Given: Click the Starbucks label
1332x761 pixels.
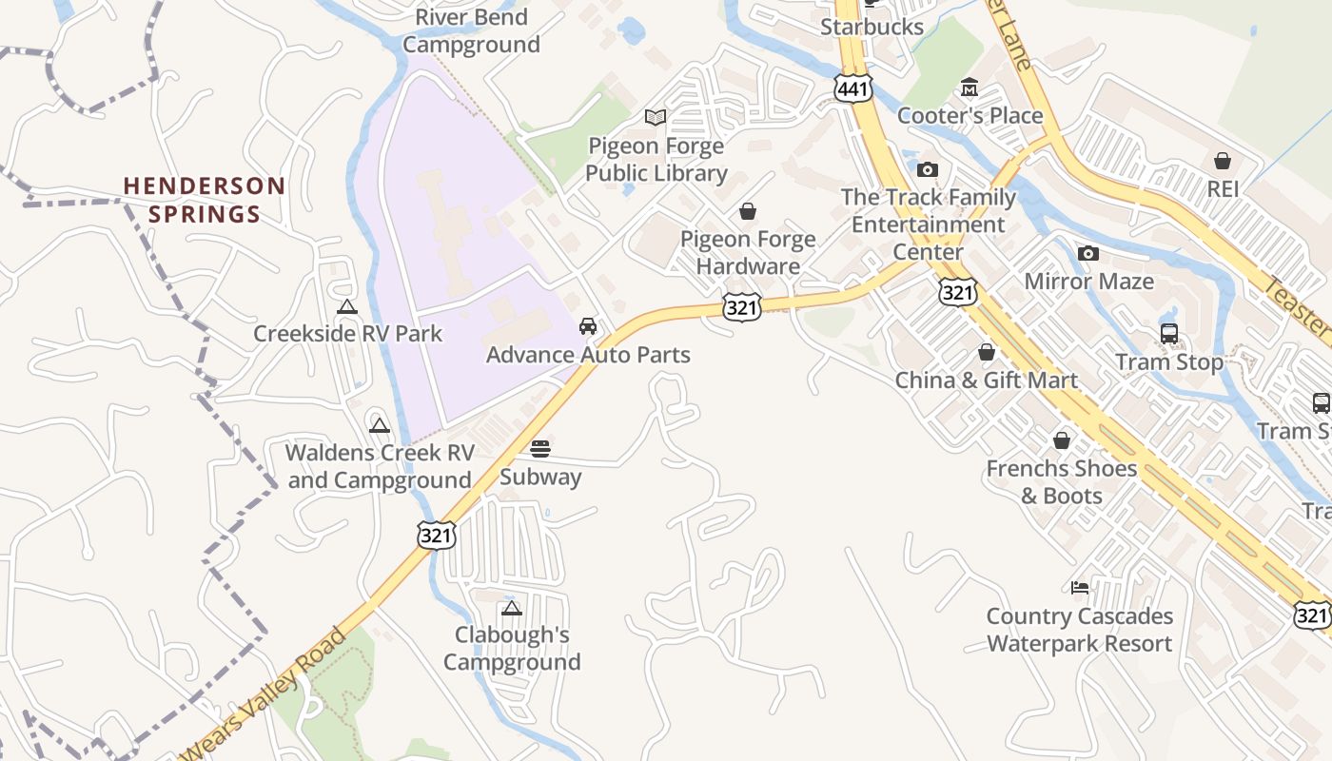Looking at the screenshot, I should click(872, 27).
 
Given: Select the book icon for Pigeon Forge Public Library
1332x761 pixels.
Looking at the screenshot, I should click(656, 117).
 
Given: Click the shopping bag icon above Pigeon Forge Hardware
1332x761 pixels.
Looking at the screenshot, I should click(748, 210).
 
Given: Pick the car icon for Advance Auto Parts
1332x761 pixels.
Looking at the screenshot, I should click(588, 326).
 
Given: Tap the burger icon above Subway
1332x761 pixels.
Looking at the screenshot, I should click(540, 448).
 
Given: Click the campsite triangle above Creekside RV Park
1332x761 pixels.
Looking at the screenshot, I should click(346, 306).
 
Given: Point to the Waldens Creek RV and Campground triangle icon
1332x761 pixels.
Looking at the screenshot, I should click(380, 424).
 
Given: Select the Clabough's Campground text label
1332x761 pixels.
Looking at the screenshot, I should click(512, 648).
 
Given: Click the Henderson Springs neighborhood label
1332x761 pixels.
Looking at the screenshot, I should click(204, 199).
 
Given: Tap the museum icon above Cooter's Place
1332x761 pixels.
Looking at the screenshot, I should click(970, 88).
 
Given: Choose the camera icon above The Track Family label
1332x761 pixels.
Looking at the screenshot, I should click(927, 170).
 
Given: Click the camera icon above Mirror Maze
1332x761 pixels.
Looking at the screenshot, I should click(1088, 253).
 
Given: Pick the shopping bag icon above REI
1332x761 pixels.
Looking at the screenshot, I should click(1223, 161).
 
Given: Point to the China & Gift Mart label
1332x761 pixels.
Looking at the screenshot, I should click(986, 380).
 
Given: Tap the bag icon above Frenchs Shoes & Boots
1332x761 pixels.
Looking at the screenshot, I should click(1062, 440).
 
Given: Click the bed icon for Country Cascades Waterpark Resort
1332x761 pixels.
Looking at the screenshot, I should click(1079, 588).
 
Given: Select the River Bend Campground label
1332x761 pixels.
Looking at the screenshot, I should click(471, 31).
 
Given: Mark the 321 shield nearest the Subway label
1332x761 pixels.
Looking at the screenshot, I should click(436, 535).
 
